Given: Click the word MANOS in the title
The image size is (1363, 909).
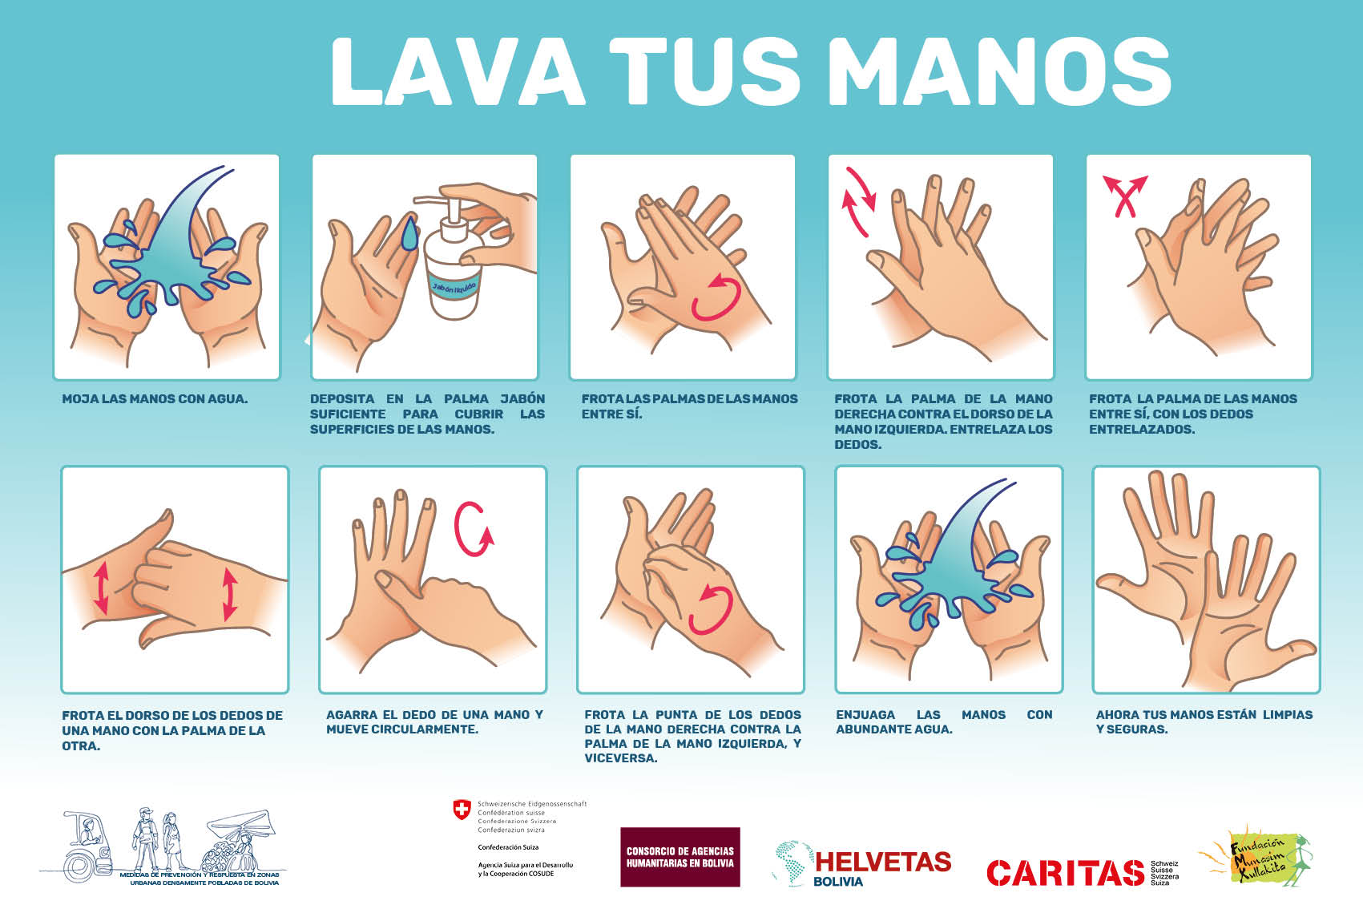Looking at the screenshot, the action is pos(999,71).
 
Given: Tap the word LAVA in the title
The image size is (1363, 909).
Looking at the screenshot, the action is pos(458,71).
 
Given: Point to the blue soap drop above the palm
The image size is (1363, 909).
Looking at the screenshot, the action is pos(410,233).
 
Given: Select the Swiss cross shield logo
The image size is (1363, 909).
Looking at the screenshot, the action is pos(462,810).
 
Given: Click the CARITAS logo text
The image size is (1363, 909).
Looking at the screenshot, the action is pos(1065,872).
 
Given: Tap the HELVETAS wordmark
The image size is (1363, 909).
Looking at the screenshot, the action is pos(883,863).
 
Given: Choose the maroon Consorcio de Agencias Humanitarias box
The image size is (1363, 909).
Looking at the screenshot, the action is pos(680,857).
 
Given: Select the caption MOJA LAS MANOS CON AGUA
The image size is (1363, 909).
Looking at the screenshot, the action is pos(155,399).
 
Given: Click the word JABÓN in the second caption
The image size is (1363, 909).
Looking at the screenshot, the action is pos(522,399).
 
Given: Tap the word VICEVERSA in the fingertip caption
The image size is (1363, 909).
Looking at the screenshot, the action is pos(621,758).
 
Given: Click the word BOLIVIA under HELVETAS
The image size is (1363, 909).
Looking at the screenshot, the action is pos(838,882).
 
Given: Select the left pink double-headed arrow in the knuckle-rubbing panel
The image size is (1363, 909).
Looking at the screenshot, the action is pos(101,588).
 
